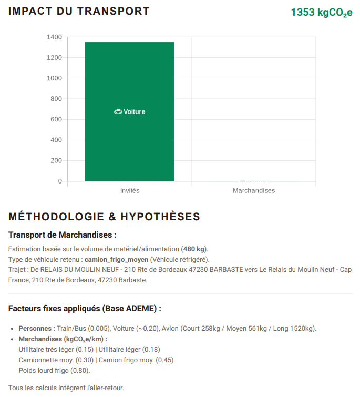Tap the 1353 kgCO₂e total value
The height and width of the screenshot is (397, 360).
[321, 12]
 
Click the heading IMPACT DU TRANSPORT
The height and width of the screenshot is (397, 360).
[79, 11]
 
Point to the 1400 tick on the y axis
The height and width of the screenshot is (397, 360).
[54, 37]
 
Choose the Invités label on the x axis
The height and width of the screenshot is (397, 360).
[130, 190]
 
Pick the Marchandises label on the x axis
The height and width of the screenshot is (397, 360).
[254, 190]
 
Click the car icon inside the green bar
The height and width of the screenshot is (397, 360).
[118, 111]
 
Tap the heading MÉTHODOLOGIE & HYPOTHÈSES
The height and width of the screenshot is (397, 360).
[104, 217]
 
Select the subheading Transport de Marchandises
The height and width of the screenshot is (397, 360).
[62, 235]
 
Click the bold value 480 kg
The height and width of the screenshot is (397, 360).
[194, 249]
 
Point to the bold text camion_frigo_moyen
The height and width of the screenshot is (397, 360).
[116, 259]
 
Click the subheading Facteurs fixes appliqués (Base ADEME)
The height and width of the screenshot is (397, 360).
[85, 308]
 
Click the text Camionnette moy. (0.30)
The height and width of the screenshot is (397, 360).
[56, 360]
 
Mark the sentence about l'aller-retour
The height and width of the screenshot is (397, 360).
[66, 388]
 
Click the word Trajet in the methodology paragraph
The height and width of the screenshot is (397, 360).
[17, 270]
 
